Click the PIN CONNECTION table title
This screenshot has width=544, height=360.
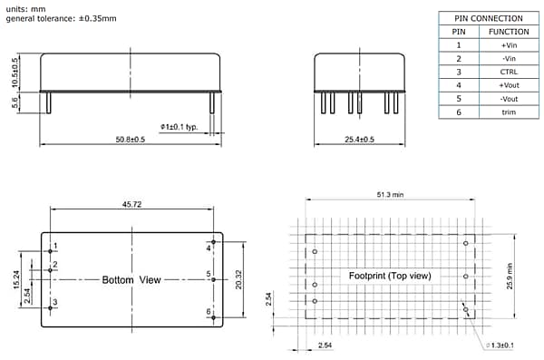click(x=488, y=18)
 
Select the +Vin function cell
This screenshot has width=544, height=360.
click(x=509, y=44)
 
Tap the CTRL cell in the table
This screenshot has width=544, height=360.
click(x=509, y=72)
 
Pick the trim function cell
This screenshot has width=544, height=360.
click(x=509, y=112)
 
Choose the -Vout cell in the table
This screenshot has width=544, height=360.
click(x=509, y=98)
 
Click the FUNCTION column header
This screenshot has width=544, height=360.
click(x=509, y=31)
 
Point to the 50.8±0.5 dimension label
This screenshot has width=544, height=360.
click(x=131, y=139)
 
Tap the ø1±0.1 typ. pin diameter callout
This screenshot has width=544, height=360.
click(x=179, y=126)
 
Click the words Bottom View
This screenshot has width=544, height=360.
click(x=131, y=280)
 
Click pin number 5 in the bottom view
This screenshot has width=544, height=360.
click(x=209, y=273)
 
